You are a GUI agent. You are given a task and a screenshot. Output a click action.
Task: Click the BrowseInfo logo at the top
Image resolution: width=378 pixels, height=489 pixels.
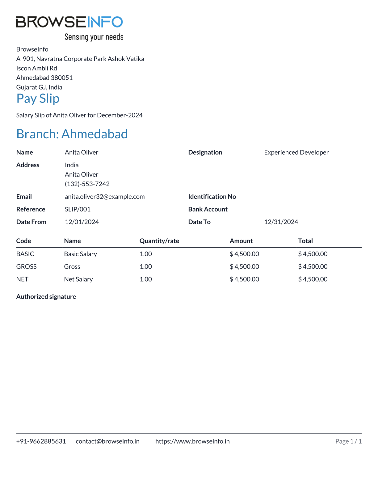click(69, 28)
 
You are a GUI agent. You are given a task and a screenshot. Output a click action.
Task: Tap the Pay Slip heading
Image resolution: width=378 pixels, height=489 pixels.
click(38, 98)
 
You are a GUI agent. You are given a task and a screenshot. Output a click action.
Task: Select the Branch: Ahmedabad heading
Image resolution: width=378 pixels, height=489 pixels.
click(72, 134)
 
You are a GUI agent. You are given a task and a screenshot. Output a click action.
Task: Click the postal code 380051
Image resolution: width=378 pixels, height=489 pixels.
click(62, 78)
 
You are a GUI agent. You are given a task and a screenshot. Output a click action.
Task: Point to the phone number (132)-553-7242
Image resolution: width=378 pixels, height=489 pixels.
click(87, 184)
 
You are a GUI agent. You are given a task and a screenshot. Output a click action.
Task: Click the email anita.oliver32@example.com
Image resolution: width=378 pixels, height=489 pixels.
click(105, 197)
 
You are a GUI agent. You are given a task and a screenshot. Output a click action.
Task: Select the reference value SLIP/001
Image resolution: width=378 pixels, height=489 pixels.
click(78, 209)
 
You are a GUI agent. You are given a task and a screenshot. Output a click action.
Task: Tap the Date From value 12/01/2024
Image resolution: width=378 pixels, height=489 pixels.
click(82, 222)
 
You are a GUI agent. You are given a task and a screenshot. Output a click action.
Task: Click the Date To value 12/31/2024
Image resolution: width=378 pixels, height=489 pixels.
click(281, 222)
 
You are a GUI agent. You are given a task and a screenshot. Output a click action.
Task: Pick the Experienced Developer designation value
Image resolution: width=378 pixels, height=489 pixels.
click(296, 153)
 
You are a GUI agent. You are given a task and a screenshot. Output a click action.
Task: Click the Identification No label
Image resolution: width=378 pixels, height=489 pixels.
click(212, 197)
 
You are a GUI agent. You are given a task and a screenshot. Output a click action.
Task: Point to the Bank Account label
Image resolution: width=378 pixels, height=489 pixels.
click(208, 209)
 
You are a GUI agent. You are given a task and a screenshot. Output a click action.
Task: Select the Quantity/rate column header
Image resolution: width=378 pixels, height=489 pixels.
click(159, 241)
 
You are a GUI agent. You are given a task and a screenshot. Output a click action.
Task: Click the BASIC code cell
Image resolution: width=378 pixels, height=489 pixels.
click(25, 254)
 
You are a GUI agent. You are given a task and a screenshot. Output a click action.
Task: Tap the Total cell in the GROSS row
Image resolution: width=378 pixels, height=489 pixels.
click(313, 267)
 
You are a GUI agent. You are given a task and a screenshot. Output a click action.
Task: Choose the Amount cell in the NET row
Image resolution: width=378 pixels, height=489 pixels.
click(244, 279)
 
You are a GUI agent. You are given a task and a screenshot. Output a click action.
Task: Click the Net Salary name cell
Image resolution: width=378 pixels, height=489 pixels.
click(78, 279)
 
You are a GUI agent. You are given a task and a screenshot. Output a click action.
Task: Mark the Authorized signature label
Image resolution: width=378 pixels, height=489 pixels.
click(46, 297)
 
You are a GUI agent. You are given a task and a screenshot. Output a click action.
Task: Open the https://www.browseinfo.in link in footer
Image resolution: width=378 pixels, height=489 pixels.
click(192, 441)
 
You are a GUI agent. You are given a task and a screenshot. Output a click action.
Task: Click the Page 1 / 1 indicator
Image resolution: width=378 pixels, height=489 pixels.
click(348, 441)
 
